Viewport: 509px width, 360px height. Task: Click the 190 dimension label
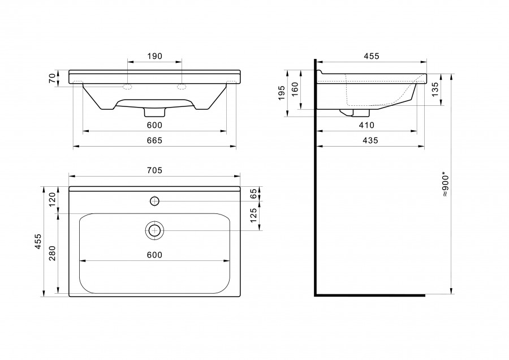pos(154,56)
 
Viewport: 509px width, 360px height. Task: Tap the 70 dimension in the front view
pos(53,78)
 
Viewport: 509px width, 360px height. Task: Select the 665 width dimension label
pos(154,140)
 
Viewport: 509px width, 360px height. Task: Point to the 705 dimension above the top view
pos(154,170)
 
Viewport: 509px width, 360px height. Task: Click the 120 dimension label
pos(53,200)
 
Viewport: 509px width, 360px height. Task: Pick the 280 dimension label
pos(53,254)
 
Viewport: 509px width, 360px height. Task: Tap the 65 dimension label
pos(253,194)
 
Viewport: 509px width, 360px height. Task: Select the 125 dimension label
pos(253,215)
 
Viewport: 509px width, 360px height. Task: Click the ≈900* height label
pos(446,185)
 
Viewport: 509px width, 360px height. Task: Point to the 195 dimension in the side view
pos(282,93)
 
